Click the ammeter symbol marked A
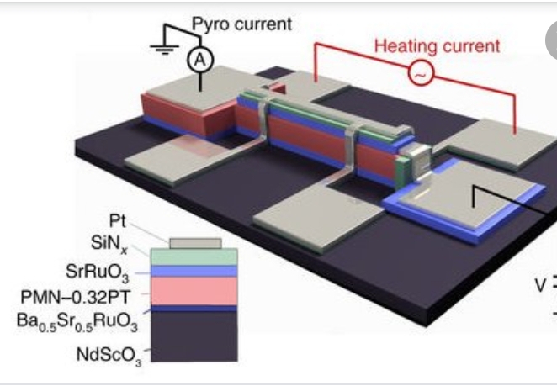[x=200, y=60]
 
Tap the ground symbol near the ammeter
[x=164, y=49]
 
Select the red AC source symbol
[x=421, y=73]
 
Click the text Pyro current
[x=241, y=24]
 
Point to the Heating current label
[x=438, y=46]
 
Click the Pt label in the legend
[x=117, y=221]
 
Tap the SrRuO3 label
[x=97, y=273]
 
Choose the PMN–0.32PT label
[x=75, y=297]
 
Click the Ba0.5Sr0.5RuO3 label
[x=77, y=322]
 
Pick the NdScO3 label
[x=109, y=355]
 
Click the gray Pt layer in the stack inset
[x=196, y=243]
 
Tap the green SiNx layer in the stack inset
[x=194, y=256]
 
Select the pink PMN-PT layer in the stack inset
[x=194, y=291]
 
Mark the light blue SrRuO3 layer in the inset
[x=194, y=271]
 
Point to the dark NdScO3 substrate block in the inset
[x=194, y=336]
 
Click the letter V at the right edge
[x=540, y=285]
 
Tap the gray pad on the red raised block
[x=192, y=87]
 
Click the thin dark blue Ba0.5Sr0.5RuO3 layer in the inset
[x=194, y=309]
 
